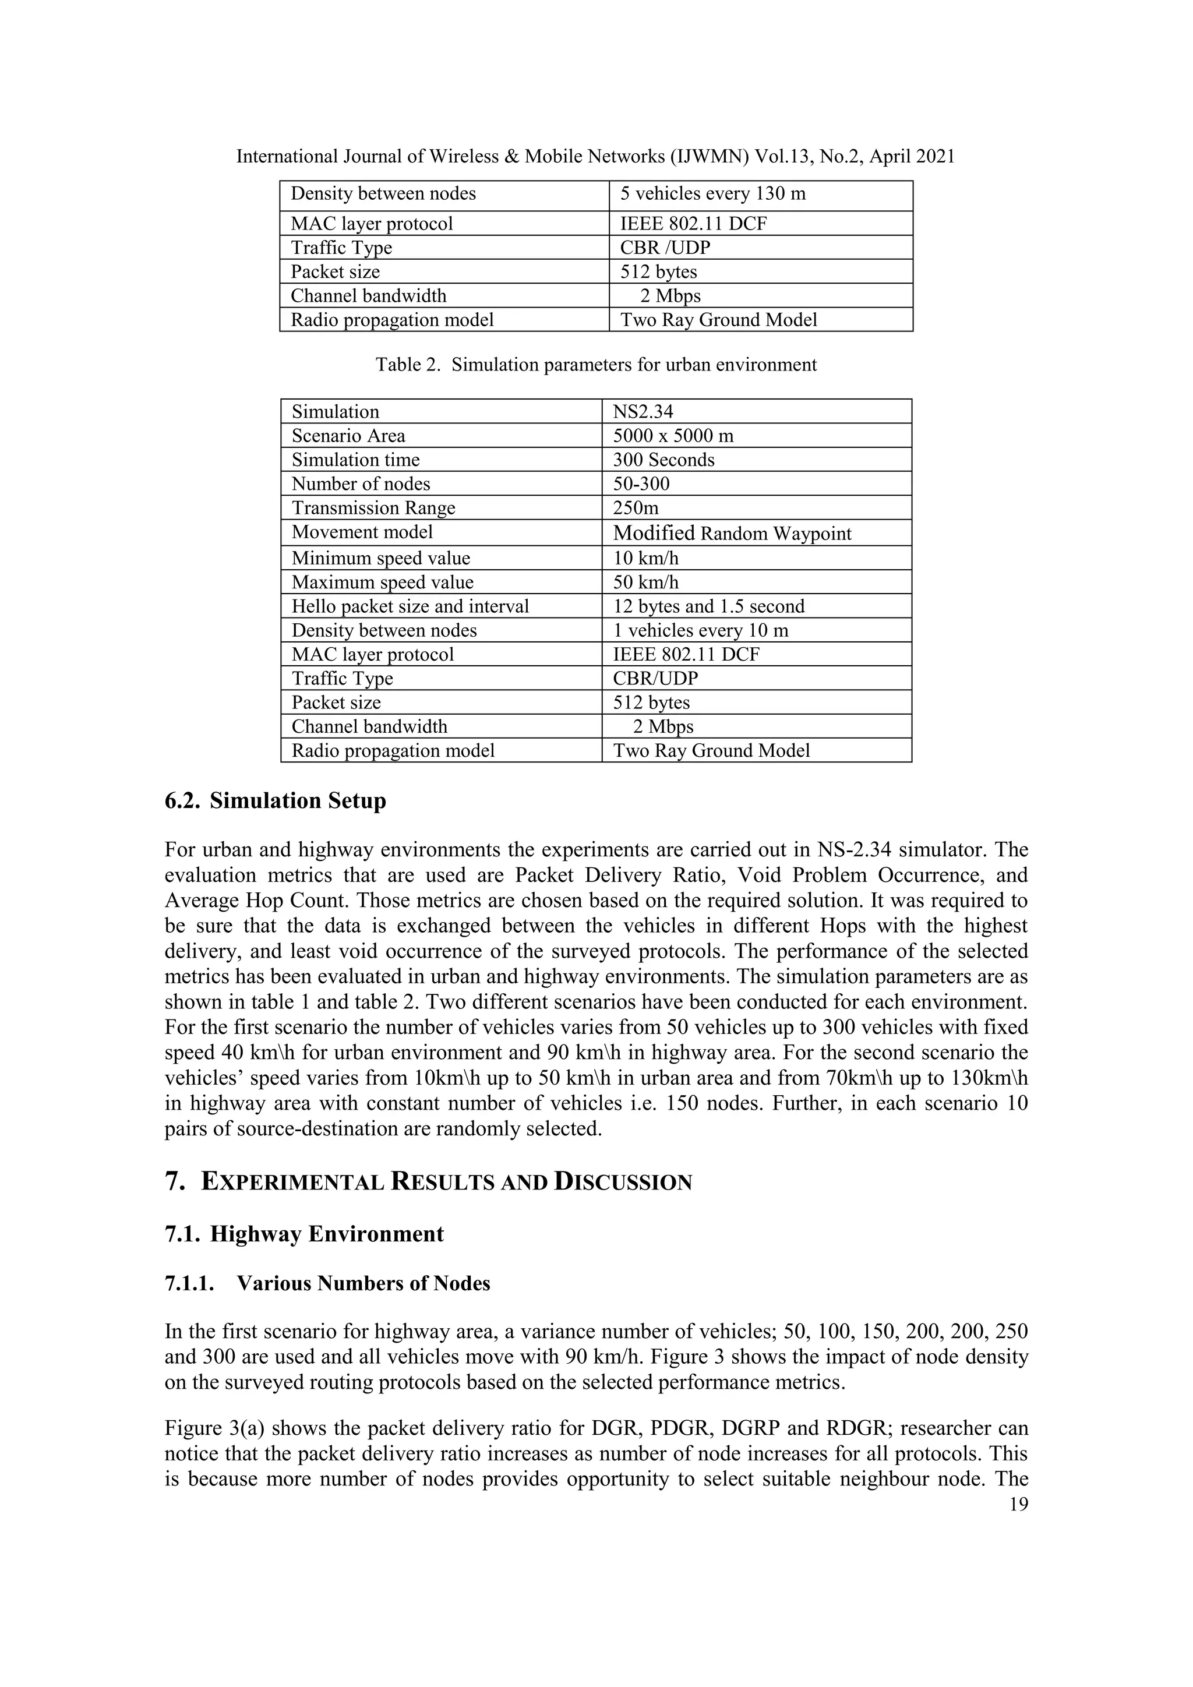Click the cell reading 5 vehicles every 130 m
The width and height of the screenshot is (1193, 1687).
click(712, 194)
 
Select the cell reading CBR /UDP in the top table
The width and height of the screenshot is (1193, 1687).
click(665, 248)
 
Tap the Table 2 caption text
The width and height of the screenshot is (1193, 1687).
click(596, 365)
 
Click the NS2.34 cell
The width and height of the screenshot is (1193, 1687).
click(643, 411)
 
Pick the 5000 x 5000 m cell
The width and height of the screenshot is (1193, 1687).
click(673, 436)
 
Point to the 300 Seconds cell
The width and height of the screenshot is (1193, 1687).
click(663, 460)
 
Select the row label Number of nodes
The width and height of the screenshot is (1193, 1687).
click(361, 484)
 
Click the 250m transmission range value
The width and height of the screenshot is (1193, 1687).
click(636, 508)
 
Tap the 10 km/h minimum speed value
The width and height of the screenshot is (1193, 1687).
click(645, 559)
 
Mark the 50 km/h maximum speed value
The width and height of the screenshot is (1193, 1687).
click(645, 583)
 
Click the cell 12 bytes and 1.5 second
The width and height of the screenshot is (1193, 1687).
click(709, 606)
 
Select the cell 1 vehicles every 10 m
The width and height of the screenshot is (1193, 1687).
click(700, 630)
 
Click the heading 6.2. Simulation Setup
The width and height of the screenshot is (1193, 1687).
click(276, 801)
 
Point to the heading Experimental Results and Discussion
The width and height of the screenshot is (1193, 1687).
click(428, 1182)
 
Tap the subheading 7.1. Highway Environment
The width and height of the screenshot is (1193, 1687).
click(304, 1234)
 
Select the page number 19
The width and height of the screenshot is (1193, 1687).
click(1018, 1504)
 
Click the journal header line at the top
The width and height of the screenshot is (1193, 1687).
click(596, 157)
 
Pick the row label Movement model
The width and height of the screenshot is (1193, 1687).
click(362, 532)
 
